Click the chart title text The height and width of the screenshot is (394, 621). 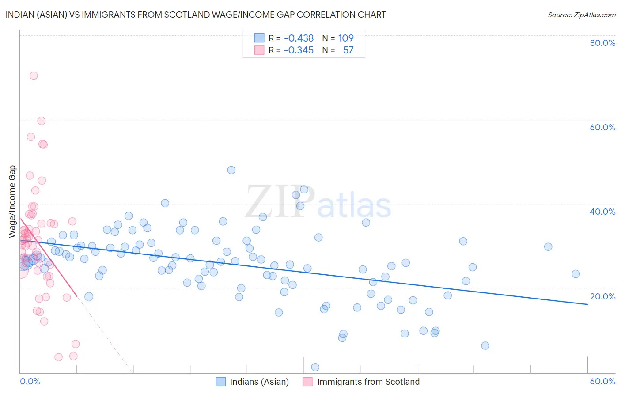pyautogui.click(x=196, y=15)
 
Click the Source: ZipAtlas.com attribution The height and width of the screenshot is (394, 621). pyautogui.click(x=581, y=15)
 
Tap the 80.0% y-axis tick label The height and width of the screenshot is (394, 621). pyautogui.click(x=602, y=43)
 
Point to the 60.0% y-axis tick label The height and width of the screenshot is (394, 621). pyautogui.click(x=602, y=127)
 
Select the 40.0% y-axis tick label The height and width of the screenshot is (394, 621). pyautogui.click(x=602, y=212)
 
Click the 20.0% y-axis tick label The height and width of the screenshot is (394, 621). pyautogui.click(x=602, y=296)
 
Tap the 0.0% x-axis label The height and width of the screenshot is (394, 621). pyautogui.click(x=30, y=381)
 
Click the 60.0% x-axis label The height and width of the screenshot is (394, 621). pyautogui.click(x=602, y=381)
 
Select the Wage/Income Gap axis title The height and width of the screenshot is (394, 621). pyautogui.click(x=12, y=201)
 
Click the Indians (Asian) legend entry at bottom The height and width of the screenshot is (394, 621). pyautogui.click(x=259, y=382)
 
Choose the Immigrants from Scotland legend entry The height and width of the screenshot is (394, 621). pyautogui.click(x=368, y=382)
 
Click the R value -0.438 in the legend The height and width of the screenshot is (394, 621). pyautogui.click(x=299, y=38)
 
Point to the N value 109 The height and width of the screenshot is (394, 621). pyautogui.click(x=346, y=38)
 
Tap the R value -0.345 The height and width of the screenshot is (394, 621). pyautogui.click(x=299, y=50)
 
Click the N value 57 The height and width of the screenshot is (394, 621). pyautogui.click(x=348, y=50)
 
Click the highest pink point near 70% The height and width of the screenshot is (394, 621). pyautogui.click(x=34, y=76)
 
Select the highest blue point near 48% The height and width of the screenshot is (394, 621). pyautogui.click(x=231, y=170)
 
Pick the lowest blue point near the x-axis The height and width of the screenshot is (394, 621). pyautogui.click(x=315, y=367)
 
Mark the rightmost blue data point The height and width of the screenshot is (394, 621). pyautogui.click(x=576, y=274)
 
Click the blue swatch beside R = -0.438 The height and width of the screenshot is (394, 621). pyautogui.click(x=259, y=38)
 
